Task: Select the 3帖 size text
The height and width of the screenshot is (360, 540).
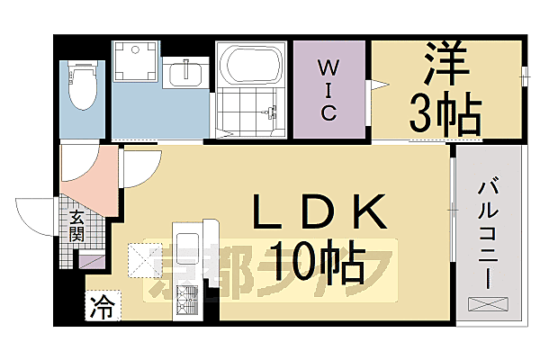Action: pyautogui.click(x=445, y=112)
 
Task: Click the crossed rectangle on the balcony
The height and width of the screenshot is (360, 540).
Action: pyautogui.click(x=488, y=305)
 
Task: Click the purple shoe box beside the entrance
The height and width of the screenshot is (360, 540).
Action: pyautogui.click(x=91, y=262)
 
